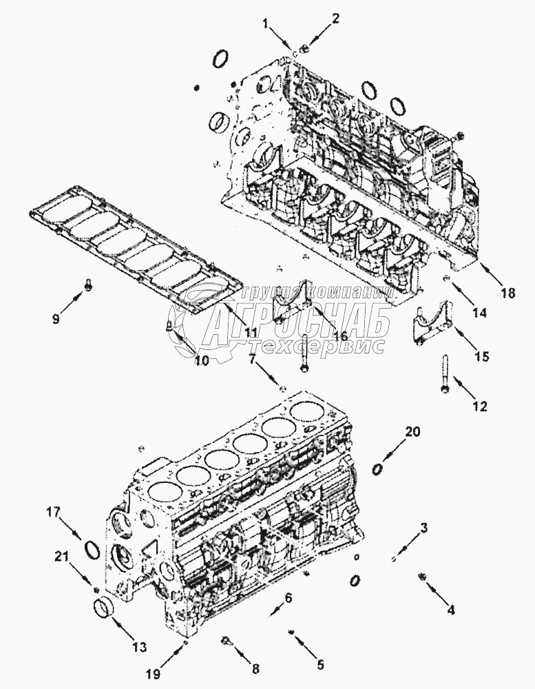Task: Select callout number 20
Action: click(412, 432)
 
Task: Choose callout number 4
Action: click(451, 609)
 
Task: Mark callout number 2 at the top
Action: click(335, 19)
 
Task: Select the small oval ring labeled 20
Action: click(377, 469)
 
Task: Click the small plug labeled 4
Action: click(421, 575)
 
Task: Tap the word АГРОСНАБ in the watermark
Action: click(296, 320)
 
